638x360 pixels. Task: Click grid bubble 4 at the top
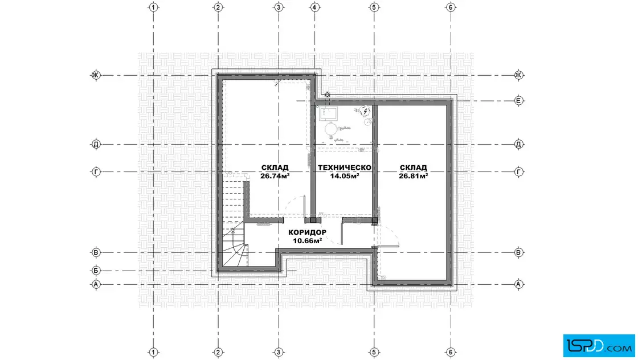[x=314, y=7]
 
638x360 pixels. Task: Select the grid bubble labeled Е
[x=518, y=100]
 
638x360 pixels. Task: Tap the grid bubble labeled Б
[x=96, y=271]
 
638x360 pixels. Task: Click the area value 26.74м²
[x=275, y=176]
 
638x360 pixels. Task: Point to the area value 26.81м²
[x=413, y=176]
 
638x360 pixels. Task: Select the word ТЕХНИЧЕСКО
[x=344, y=167]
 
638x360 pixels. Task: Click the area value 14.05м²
[x=344, y=176]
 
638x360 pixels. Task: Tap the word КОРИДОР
[x=307, y=232]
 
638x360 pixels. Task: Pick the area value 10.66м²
[x=307, y=241]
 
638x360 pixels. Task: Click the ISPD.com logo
[x=599, y=346]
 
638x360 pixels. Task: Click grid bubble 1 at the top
[x=153, y=7]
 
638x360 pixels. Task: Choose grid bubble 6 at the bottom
[x=451, y=352]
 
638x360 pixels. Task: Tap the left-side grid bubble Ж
[x=96, y=75]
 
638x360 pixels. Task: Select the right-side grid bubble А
[x=518, y=284]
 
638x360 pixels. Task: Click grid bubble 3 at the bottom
[x=279, y=352]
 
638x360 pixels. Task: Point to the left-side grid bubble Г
[x=96, y=171]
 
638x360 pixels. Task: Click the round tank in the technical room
[x=330, y=129]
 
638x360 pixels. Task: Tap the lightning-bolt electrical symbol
[x=366, y=111]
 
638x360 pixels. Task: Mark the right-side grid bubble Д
[x=518, y=144]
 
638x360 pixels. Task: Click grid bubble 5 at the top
[x=374, y=7]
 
